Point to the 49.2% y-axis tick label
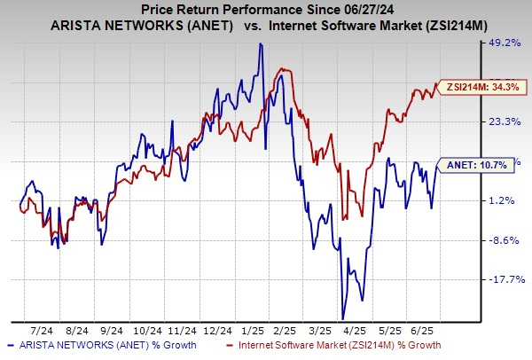(508, 42)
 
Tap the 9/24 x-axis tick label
(111, 326)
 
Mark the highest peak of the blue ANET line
(260, 44)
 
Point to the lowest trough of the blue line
(342, 317)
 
